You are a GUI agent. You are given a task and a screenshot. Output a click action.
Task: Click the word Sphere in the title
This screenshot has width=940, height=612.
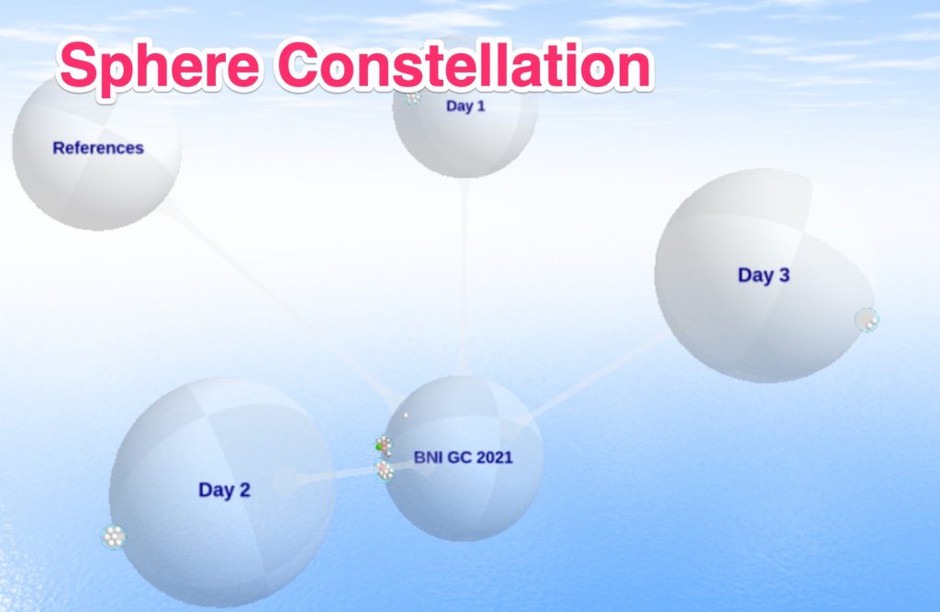(160, 67)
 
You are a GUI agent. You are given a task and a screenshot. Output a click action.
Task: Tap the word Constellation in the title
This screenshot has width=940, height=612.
(464, 65)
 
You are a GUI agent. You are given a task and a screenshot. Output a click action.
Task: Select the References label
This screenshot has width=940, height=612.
(98, 148)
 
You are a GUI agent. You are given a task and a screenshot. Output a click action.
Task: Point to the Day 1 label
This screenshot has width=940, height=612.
(465, 106)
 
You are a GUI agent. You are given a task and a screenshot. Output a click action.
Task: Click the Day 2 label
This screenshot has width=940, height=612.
(224, 490)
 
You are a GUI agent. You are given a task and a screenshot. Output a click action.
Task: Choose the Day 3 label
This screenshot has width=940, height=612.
(764, 275)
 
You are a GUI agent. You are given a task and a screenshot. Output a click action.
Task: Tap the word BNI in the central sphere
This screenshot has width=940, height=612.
(428, 457)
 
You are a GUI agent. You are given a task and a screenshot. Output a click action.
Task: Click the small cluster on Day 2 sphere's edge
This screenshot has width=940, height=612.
(114, 537)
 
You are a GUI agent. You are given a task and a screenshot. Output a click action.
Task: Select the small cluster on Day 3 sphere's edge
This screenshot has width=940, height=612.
(867, 320)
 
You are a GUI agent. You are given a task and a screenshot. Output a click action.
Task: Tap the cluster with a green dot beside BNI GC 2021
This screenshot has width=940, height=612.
(384, 447)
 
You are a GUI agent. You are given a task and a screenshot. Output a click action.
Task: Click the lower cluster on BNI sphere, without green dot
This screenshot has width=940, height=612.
(385, 471)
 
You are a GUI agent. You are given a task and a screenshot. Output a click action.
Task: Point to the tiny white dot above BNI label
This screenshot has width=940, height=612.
(406, 415)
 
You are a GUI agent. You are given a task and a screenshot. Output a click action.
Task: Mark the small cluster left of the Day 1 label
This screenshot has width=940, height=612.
(412, 96)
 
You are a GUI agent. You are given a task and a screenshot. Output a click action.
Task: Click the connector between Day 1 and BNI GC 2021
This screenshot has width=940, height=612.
(463, 277)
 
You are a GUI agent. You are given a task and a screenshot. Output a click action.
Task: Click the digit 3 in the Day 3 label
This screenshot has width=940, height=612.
(784, 275)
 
